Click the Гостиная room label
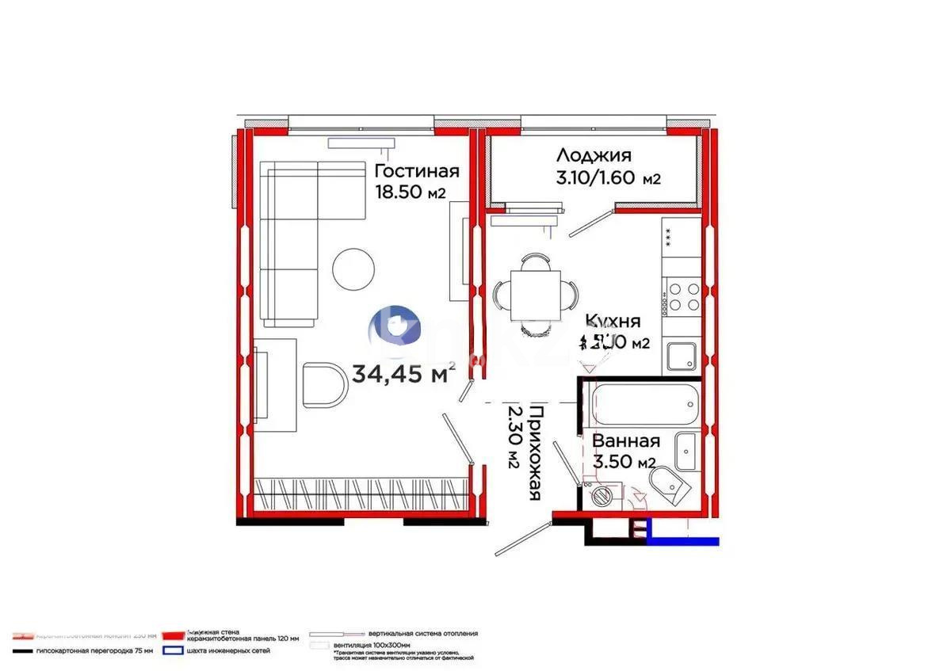coord(416,172)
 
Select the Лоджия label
coord(594,155)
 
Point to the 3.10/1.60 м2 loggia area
coord(609,178)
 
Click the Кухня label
coord(613,321)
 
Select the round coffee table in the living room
coord(353,268)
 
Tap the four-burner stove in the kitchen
coord(683,296)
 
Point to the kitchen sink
coord(682,357)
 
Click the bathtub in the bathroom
coord(645,405)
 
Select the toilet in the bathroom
coord(666,482)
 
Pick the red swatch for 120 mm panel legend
coord(173,635)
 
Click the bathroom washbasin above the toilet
coord(686,451)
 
